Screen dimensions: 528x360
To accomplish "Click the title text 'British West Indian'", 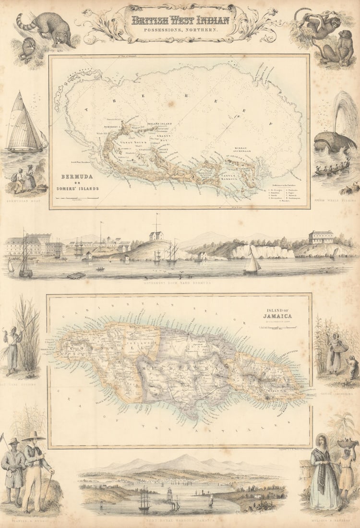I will click(x=180, y=20).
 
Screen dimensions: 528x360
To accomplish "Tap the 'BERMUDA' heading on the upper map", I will click(x=77, y=176).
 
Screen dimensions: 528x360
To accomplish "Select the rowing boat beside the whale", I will click(x=331, y=168).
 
